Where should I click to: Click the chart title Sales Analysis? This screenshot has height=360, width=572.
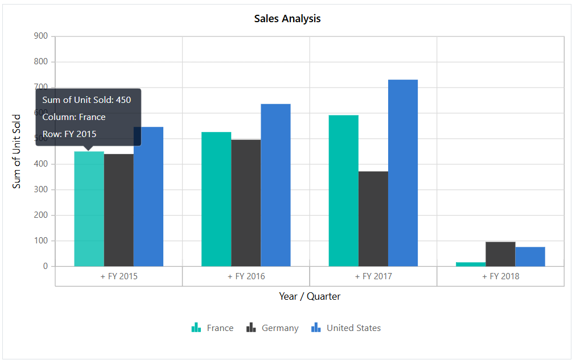[287, 19]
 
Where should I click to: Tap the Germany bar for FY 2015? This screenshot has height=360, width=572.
[118, 210]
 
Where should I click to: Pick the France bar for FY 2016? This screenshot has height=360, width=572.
[216, 199]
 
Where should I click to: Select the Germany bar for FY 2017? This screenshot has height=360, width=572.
[373, 219]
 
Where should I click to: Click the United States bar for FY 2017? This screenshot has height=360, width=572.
[403, 173]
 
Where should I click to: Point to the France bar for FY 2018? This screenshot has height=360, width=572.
[471, 264]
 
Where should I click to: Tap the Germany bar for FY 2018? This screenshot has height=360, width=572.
[500, 254]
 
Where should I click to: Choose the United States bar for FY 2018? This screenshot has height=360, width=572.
[530, 256]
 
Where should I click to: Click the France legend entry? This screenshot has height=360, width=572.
[213, 328]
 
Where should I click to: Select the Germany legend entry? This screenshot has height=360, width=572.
[273, 328]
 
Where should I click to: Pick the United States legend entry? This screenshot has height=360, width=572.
[346, 328]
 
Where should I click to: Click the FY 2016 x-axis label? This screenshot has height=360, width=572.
[246, 276]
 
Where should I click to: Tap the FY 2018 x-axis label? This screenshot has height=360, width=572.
[501, 276]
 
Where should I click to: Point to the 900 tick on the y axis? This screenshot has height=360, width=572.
[41, 36]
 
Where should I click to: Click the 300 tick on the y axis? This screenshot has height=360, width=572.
[41, 189]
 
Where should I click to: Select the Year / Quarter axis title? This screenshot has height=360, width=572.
[310, 296]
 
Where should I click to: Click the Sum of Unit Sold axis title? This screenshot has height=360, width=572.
[17, 151]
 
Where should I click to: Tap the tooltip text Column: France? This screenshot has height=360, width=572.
[74, 117]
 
